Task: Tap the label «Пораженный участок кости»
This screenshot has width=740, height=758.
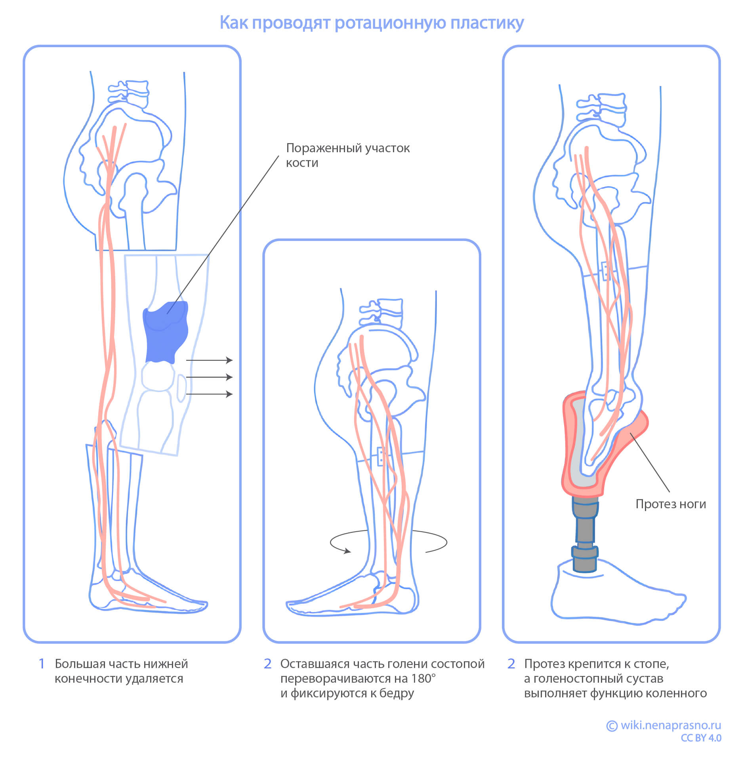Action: point(347,155)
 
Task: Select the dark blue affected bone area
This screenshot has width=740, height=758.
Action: point(164,333)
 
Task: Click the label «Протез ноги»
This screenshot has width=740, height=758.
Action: point(670,504)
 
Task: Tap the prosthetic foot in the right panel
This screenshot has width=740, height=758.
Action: point(614,595)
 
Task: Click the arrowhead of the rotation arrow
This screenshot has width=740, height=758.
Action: point(347,551)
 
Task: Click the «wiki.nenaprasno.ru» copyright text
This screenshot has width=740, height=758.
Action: point(670,725)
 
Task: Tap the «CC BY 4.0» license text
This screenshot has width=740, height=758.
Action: point(701,738)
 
